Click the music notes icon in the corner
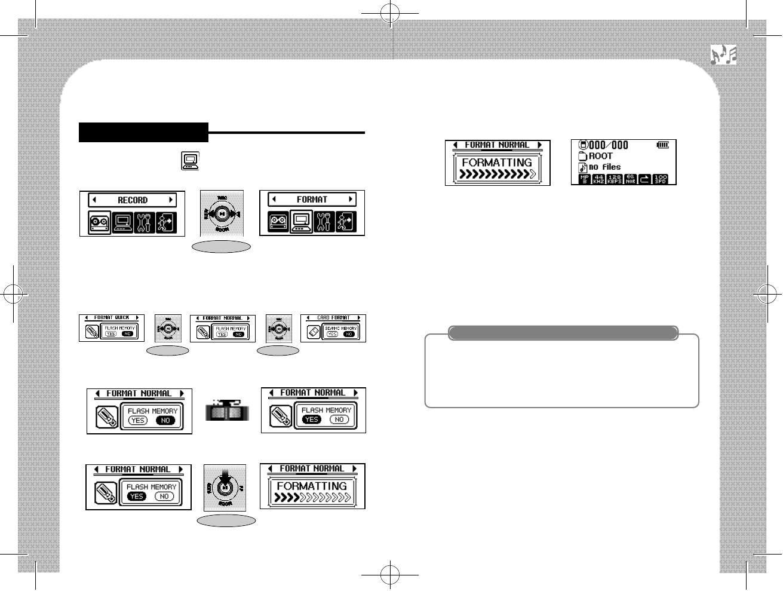pyautogui.click(x=723, y=55)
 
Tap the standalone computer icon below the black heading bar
pyautogui.click(x=190, y=161)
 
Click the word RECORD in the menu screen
pyautogui.click(x=132, y=200)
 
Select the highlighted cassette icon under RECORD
pyautogui.click(x=99, y=222)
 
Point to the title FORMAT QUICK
pyautogui.click(x=112, y=318)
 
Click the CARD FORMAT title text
pyautogui.click(x=333, y=318)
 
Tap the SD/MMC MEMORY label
pyautogui.click(x=340, y=328)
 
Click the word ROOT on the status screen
pyautogui.click(x=601, y=156)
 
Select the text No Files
pyautogui.click(x=604, y=167)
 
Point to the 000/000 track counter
pyautogui.click(x=608, y=145)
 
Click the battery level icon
pyautogui.click(x=663, y=145)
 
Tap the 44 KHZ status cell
pyautogui.click(x=599, y=179)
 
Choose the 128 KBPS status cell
pyautogui.click(x=615, y=179)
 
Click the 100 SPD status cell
pyautogui.click(x=661, y=179)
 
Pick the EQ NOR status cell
pyautogui.click(x=630, y=179)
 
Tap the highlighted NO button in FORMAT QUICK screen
pyautogui.click(x=127, y=334)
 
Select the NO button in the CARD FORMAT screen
pyautogui.click(x=349, y=334)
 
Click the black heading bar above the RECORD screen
pyautogui.click(x=143, y=132)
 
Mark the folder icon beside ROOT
pyautogui.click(x=582, y=156)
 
